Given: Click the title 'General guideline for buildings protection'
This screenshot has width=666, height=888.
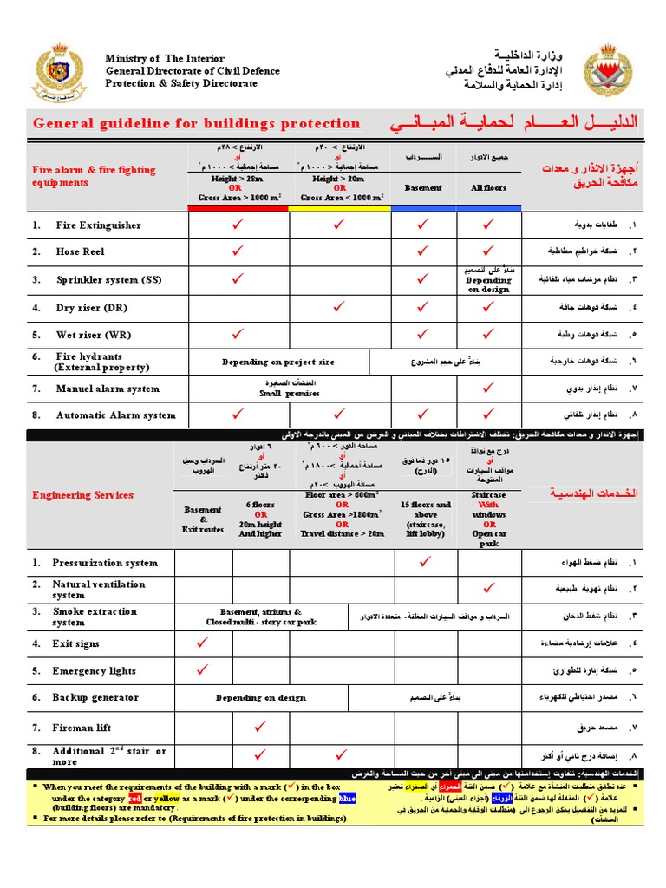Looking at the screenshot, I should tap(196, 123).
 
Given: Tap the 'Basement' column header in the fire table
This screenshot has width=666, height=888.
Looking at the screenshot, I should tap(423, 187).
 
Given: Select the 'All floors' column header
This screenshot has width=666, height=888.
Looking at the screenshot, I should tap(489, 187).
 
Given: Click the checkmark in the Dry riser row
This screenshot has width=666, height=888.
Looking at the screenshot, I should tap(339, 306).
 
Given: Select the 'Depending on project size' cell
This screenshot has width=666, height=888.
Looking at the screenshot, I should tap(278, 362).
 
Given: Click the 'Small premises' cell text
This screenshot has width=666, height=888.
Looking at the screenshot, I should tap(290, 393).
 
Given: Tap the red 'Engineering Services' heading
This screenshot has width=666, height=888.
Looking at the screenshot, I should tap(82, 495).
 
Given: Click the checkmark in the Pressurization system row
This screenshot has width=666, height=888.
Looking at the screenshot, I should tap(425, 563).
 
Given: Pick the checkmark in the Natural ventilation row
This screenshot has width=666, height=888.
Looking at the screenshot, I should tap(488, 589).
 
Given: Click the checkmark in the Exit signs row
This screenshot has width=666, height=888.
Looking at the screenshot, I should tap(203, 643).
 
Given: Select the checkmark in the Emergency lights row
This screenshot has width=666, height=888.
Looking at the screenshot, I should tap(203, 669).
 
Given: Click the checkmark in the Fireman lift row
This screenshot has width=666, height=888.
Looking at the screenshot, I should tap(257, 727).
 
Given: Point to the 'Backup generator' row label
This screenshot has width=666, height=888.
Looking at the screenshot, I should tap(95, 697).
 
